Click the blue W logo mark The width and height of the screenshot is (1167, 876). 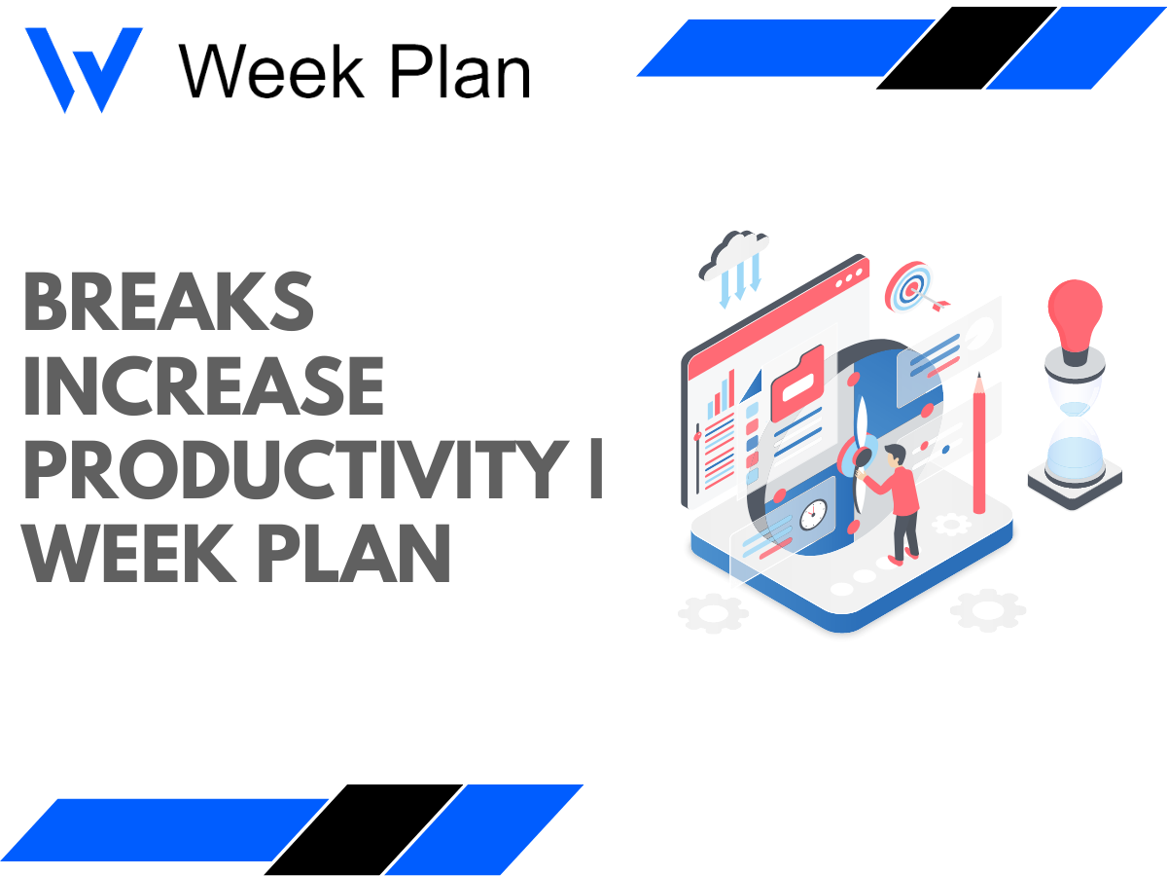tap(84, 69)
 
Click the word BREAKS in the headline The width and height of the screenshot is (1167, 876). tap(168, 303)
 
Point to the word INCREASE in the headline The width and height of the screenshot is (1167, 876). tap(203, 386)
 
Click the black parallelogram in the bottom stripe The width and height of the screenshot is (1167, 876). tap(363, 829)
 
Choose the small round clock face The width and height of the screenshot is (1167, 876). tap(812, 513)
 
